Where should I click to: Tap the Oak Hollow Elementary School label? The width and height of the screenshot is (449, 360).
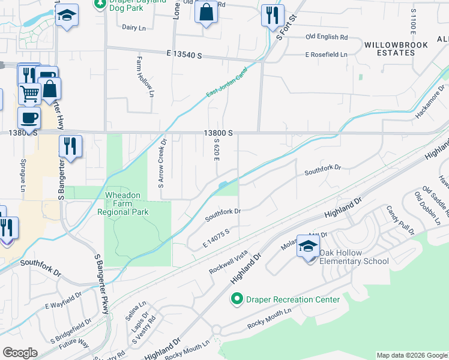(x=354, y=257)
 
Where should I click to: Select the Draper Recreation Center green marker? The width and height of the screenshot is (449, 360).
(x=237, y=298)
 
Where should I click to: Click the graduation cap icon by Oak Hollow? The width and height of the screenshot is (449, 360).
(x=308, y=246)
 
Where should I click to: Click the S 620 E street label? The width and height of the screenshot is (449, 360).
(x=215, y=151)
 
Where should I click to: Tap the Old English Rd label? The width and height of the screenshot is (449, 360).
(x=327, y=37)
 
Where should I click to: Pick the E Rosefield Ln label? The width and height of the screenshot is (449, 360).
(x=326, y=55)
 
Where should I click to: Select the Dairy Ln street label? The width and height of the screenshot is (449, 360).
(x=134, y=28)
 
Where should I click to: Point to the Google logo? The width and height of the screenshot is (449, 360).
(x=19, y=353)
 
